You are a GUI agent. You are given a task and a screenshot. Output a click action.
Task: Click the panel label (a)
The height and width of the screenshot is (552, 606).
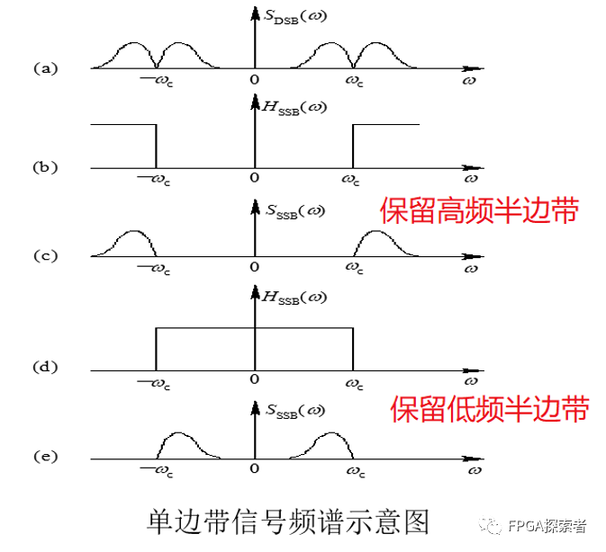45,67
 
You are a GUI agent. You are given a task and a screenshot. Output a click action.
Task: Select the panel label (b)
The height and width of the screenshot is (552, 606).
45,166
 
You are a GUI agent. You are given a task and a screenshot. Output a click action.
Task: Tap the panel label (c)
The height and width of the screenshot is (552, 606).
45,255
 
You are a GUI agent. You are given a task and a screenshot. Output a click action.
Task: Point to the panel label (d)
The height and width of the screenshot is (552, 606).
45,367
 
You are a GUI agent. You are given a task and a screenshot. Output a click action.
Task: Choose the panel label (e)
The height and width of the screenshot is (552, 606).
45,457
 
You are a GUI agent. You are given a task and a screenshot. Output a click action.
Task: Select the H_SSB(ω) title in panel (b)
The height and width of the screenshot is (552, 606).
295,108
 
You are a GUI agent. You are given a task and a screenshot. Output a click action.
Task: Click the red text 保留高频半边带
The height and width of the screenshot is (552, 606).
478,211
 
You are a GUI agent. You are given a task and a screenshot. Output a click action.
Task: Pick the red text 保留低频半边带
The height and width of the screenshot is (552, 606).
489,409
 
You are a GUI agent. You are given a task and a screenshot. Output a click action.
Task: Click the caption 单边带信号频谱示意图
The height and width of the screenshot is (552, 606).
288,521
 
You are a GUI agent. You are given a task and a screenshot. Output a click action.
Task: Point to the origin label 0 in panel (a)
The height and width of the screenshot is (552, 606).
255,81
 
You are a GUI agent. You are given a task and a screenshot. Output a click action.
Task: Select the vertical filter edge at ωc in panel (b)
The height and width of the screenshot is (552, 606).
352,146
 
